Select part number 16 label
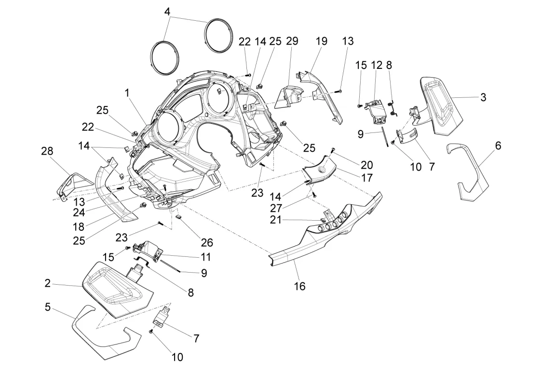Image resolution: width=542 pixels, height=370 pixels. (299, 286)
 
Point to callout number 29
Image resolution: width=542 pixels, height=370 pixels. (292, 41)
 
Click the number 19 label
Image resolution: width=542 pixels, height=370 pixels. (322, 41)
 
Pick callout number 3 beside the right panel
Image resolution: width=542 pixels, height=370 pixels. (483, 97)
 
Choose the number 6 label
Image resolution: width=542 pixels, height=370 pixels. (498, 145)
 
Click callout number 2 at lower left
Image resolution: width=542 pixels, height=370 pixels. (47, 283)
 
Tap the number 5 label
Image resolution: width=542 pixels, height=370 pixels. (47, 306)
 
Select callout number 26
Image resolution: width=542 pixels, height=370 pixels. (207, 243)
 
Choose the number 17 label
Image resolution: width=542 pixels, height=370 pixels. (367, 177)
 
